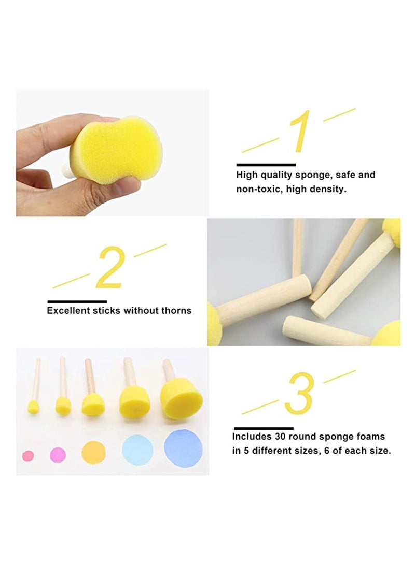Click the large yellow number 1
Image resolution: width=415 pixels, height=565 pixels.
point(300,132)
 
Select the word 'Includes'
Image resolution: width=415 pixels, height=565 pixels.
point(251,437)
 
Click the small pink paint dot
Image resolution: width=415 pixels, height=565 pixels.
point(28,456)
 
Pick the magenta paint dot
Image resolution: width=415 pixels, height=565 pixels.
point(58,455)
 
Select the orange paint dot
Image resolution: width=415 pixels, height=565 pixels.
point(93,452)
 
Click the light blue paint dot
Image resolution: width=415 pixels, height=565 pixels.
point(137,450)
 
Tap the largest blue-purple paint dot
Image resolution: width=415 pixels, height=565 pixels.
point(183,448)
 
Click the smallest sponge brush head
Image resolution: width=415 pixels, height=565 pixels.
point(33,407)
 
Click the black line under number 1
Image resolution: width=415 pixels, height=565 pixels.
point(266,165)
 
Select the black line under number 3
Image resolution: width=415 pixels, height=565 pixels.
point(264,428)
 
